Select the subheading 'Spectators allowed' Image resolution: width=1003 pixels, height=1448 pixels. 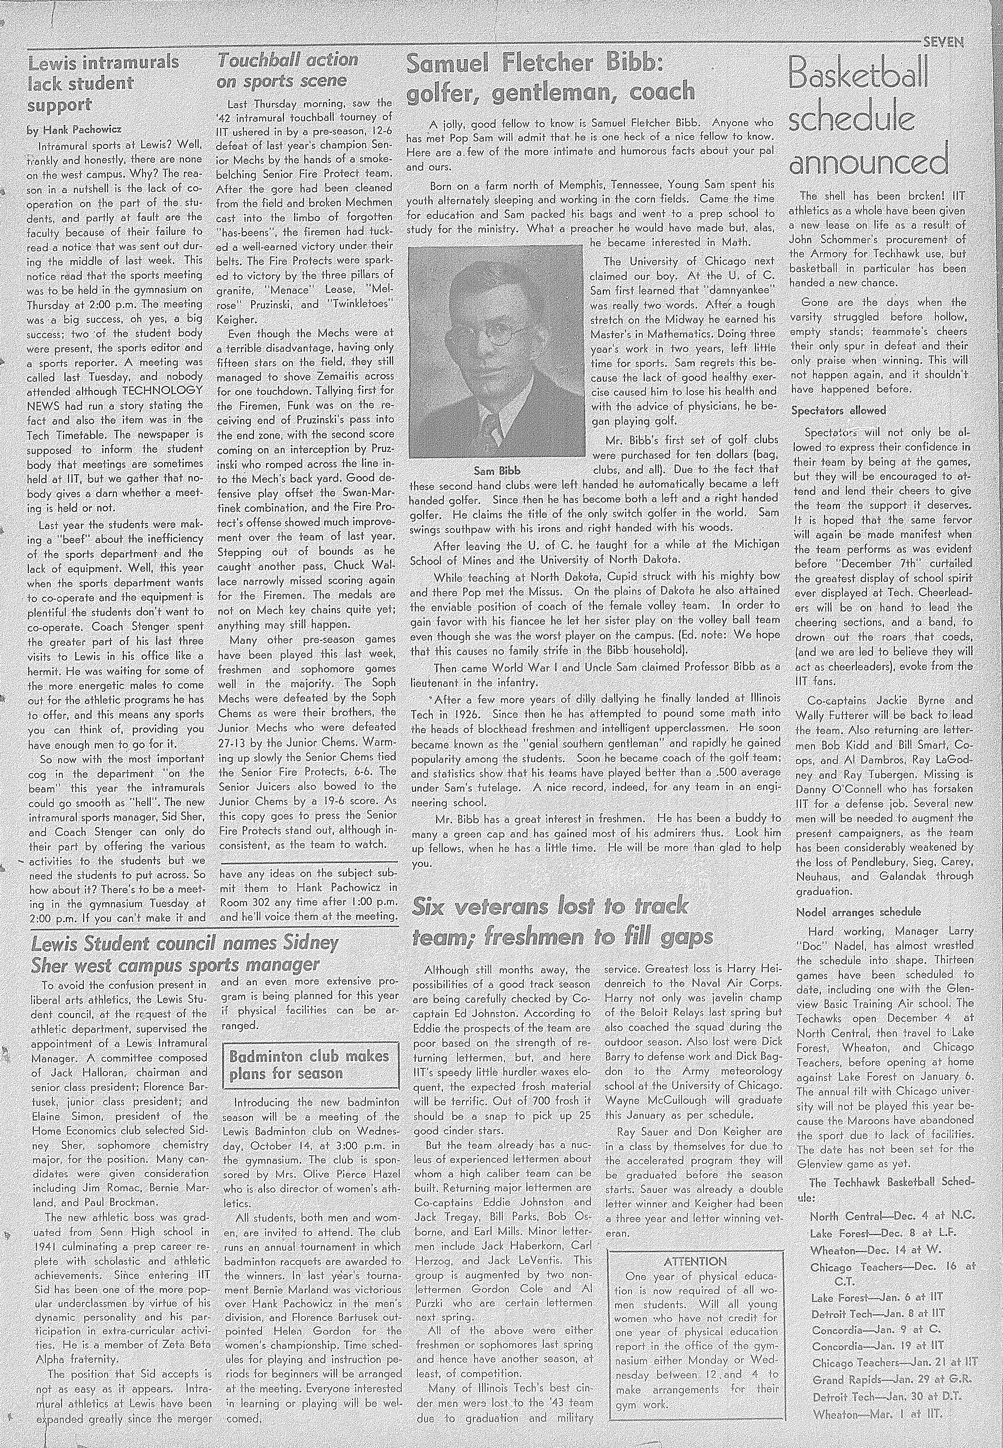coord(838,411)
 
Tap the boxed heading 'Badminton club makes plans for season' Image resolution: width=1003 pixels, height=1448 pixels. coord(310,1065)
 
